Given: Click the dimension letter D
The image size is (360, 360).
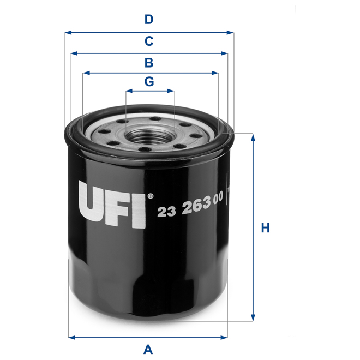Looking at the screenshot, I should (x=149, y=20).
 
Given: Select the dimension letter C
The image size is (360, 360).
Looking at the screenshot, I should (x=149, y=41).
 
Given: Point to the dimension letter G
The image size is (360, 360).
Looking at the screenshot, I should (x=149, y=81).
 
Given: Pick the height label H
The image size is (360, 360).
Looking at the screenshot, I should (x=266, y=228).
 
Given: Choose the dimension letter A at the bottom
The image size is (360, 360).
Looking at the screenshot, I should (x=148, y=349).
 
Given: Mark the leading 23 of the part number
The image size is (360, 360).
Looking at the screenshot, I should (x=165, y=213).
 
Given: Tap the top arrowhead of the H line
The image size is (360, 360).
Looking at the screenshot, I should (x=253, y=137).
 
